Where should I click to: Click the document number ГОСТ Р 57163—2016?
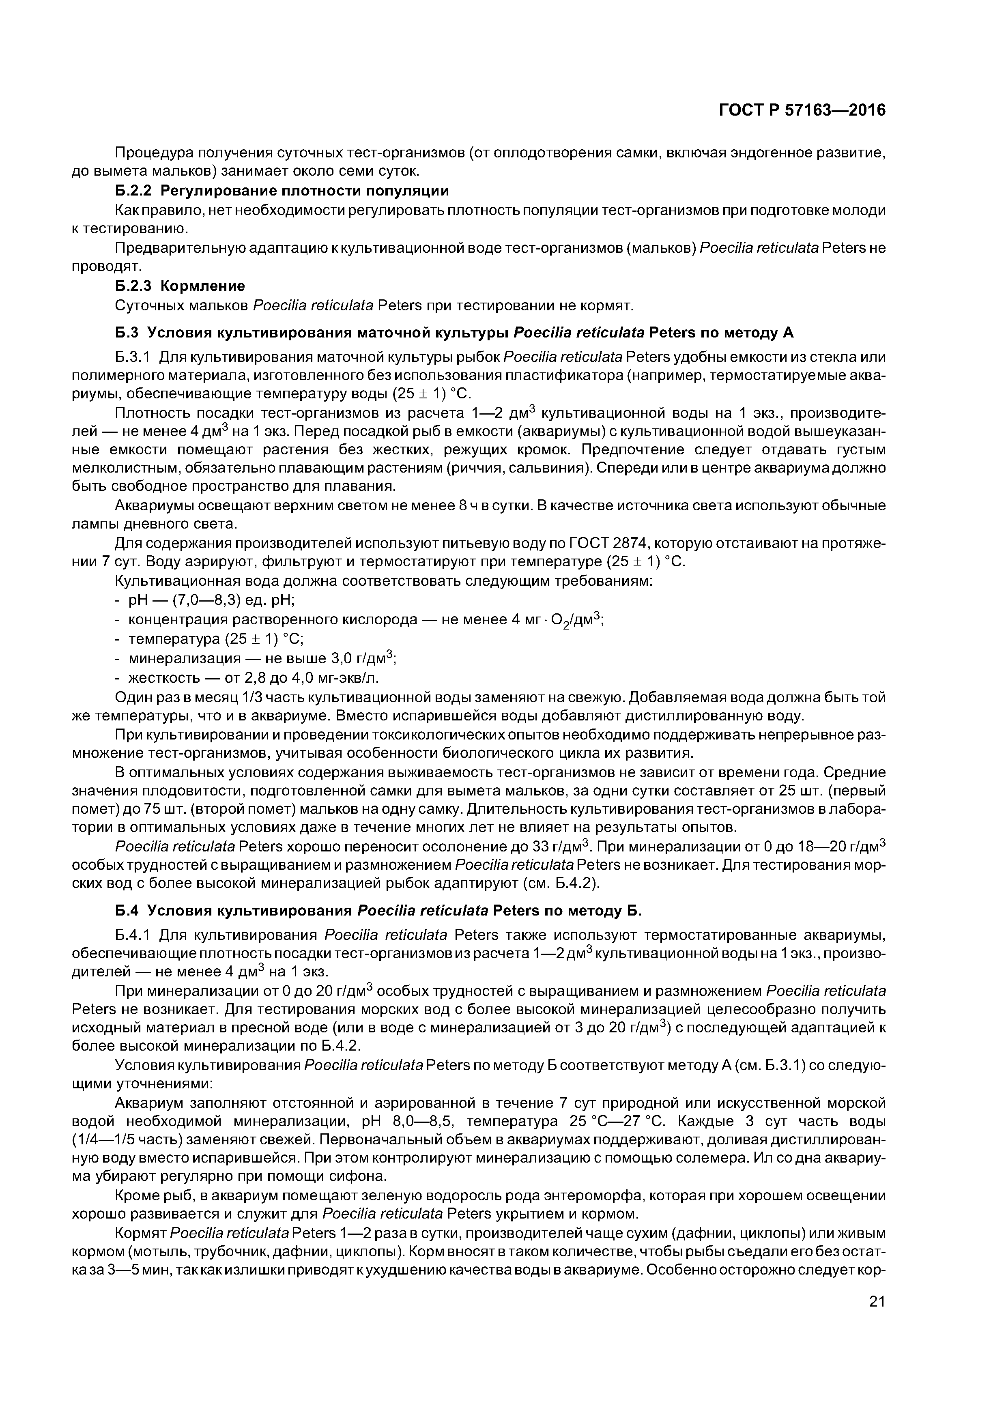pyautogui.click(x=802, y=110)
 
